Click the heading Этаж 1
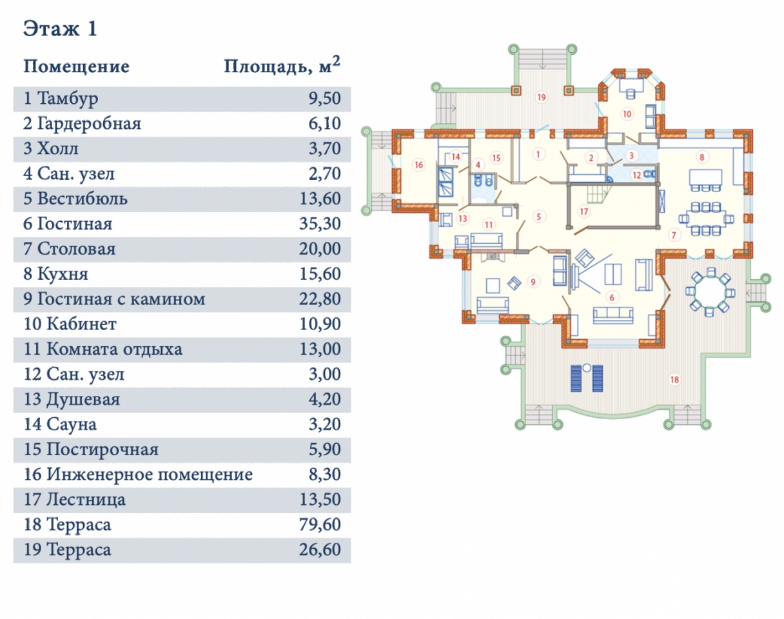coord(61,29)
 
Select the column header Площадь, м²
coord(282,66)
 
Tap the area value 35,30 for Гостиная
coord(320,223)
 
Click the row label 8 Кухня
coord(55,273)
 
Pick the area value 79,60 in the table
coord(320,524)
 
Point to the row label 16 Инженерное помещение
coord(138,475)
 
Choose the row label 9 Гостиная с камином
coord(114,299)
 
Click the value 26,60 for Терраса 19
coord(320,549)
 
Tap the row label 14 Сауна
coord(60,424)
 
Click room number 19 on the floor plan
coord(542,97)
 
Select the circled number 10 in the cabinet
coord(627,114)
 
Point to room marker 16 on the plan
coord(418,164)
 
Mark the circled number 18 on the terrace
coord(674,380)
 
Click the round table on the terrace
coord(710,292)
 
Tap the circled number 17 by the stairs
coord(583,211)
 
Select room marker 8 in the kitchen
coord(701,157)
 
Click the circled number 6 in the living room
coord(612,298)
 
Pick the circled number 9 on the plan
coord(533,282)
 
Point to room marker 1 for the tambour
coord(538,154)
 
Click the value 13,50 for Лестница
coord(320,499)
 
